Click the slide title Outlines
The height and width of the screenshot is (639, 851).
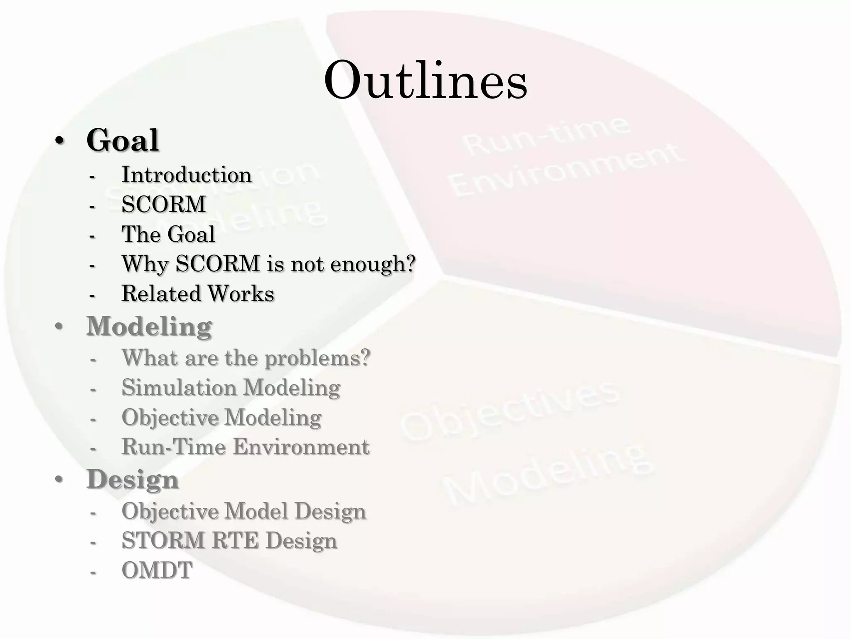[x=425, y=80]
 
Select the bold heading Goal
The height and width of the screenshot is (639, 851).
[x=123, y=140]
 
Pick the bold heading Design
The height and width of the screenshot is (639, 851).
[x=133, y=479]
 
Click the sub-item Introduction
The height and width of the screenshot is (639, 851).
[x=187, y=175]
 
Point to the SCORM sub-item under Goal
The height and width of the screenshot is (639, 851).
[x=164, y=204]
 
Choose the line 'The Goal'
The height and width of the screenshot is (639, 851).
[x=168, y=234]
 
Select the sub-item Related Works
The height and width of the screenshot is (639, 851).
[x=198, y=293]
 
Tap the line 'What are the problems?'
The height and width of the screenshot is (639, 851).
[x=246, y=358]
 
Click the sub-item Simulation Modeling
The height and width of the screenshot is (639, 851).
[x=231, y=387]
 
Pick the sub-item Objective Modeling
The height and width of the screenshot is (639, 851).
[x=221, y=417]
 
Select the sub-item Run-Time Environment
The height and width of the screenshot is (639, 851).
[x=245, y=447]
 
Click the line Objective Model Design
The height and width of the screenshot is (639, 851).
[x=244, y=511]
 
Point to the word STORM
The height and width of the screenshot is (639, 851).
[x=163, y=540]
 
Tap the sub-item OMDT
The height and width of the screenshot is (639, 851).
[x=157, y=570]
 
